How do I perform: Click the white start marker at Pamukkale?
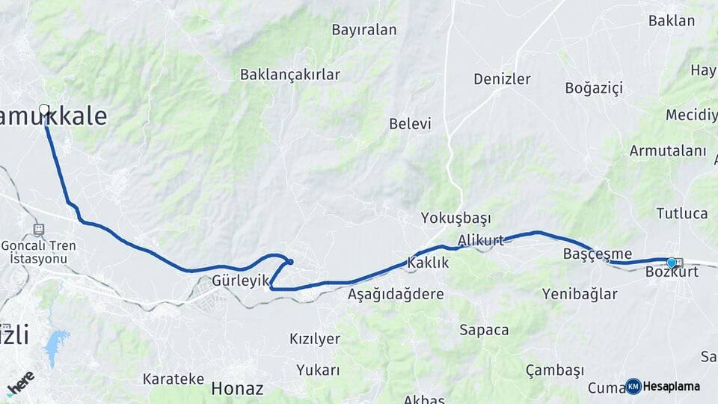pos(44,110)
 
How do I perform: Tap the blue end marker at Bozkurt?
pos(672,263)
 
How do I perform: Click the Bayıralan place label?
pos(364,30)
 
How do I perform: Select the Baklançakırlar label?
pos(290,74)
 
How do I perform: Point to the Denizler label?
pos(502,79)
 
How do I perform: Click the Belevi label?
pos(410,123)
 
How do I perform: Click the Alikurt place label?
pos(481,239)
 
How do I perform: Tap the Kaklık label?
pos(428,263)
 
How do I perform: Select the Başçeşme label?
pos(597,254)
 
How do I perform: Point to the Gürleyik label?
pos(240,281)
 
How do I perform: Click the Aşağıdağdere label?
pos(396,294)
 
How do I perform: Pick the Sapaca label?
pos(484,330)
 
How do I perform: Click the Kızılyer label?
pos(315,338)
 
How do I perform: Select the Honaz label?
pos(237,388)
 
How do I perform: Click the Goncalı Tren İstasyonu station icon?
pos(39,230)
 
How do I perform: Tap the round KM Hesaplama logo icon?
pos(633,386)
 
